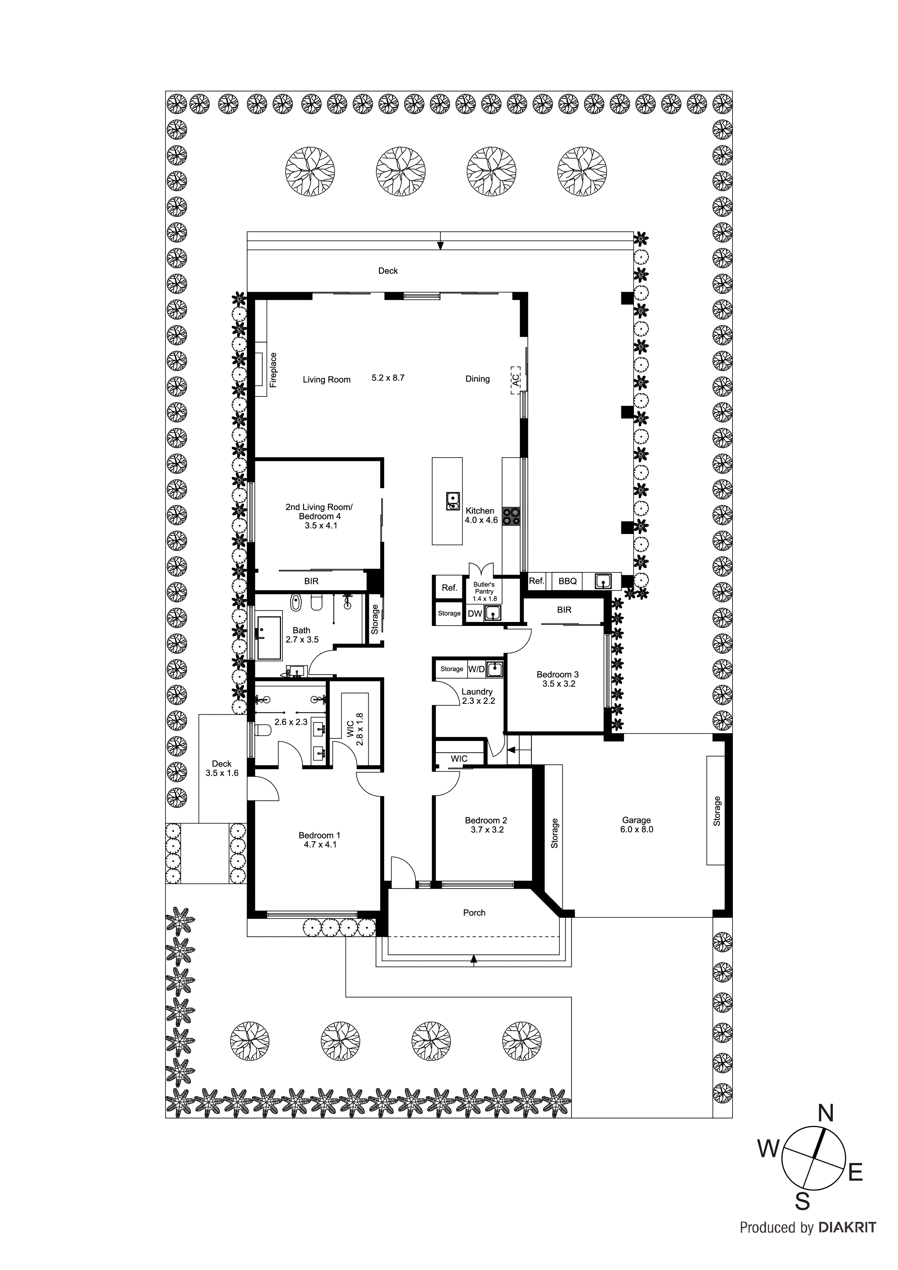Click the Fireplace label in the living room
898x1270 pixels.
[273, 370]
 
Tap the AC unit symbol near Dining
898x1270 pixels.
[515, 380]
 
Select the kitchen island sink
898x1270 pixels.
[453, 501]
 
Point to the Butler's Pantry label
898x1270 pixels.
[484, 591]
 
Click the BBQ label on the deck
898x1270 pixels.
[568, 581]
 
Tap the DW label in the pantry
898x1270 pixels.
[474, 613]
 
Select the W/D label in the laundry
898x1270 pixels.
[477, 669]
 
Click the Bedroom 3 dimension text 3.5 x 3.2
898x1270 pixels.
[559, 684]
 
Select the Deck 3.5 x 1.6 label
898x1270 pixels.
[222, 768]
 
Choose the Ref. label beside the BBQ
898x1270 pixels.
[537, 581]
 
